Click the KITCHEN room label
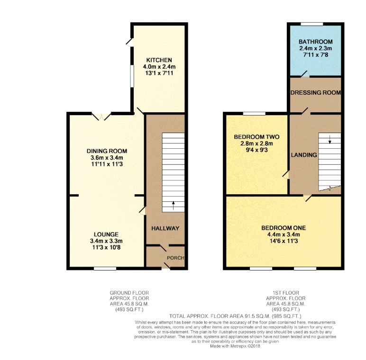pyautogui.click(x=159, y=60)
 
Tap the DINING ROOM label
pyautogui.click(x=107, y=151)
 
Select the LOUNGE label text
pyautogui.click(x=106, y=234)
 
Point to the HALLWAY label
pyautogui.click(x=165, y=228)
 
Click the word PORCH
pyautogui.click(x=175, y=258)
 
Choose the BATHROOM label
pyautogui.click(x=316, y=42)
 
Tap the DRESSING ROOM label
pyautogui.click(x=316, y=92)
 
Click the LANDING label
pyautogui.click(x=304, y=155)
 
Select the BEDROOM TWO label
pyautogui.click(x=256, y=137)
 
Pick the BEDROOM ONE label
pyautogui.click(x=284, y=228)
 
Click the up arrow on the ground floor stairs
pyautogui.click(x=173, y=206)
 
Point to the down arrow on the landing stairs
pyautogui.click(x=330, y=139)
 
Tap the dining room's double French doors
pyautogui.click(x=101, y=117)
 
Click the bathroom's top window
pyautogui.click(x=312, y=24)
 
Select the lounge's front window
pyautogui.click(x=105, y=269)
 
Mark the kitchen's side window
pyautogui.click(x=132, y=76)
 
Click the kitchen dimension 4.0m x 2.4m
pyautogui.click(x=159, y=67)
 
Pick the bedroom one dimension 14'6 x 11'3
pyautogui.click(x=284, y=241)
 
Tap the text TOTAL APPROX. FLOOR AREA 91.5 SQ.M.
pyautogui.click(x=220, y=316)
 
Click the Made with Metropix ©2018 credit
pyautogui.click(x=235, y=346)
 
